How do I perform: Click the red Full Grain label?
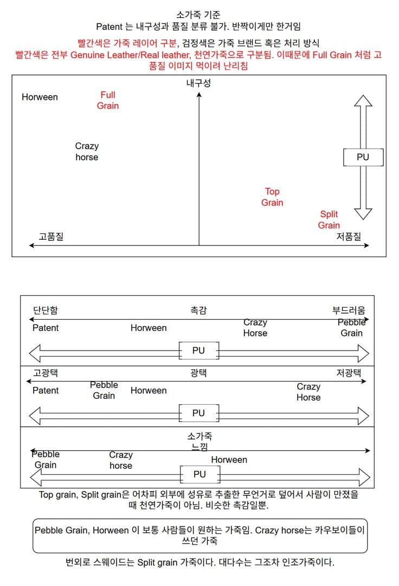tap(108, 100)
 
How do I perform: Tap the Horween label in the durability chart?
tap(40, 97)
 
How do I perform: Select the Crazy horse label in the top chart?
tap(87, 151)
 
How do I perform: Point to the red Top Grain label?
tap(272, 197)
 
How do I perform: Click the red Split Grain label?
tap(329, 220)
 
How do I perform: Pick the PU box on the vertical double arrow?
tap(363, 157)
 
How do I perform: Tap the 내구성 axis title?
tap(198, 83)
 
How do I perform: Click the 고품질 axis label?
tap(51, 237)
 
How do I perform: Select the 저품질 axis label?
tap(349, 237)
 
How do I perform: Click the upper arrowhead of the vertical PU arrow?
tap(363, 101)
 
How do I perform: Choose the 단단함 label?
tap(46, 310)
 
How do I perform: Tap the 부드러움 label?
tap(349, 310)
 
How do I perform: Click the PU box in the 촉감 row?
tap(198, 351)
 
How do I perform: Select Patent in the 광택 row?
tap(46, 391)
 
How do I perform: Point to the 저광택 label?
tap(349, 373)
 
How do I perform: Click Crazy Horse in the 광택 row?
tap(308, 392)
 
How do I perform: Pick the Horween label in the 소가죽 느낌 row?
tap(229, 460)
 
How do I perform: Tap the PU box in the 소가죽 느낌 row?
tap(200, 474)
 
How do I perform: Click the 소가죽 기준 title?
tap(198, 15)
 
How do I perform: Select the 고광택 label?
tap(46, 373)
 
